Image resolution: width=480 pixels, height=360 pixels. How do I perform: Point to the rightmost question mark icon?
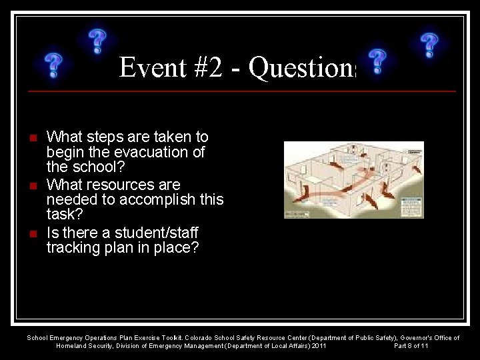pyautogui.click(x=429, y=45)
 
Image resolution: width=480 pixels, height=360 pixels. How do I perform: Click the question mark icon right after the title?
pyautogui.click(x=377, y=61)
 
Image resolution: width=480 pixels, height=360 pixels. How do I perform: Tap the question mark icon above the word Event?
pyautogui.click(x=98, y=41)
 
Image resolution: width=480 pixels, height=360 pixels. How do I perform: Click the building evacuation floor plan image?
pyautogui.click(x=353, y=180)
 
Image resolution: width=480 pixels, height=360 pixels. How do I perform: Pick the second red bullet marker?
pyautogui.click(x=33, y=186)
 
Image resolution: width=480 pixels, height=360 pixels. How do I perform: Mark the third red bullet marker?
pyautogui.click(x=33, y=234)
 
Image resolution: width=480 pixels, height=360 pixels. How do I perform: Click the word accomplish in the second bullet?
pyautogui.click(x=139, y=199)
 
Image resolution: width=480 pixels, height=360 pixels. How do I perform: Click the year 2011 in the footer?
pyautogui.click(x=319, y=346)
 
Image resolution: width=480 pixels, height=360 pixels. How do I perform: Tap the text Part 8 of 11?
pyautogui.click(x=411, y=346)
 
